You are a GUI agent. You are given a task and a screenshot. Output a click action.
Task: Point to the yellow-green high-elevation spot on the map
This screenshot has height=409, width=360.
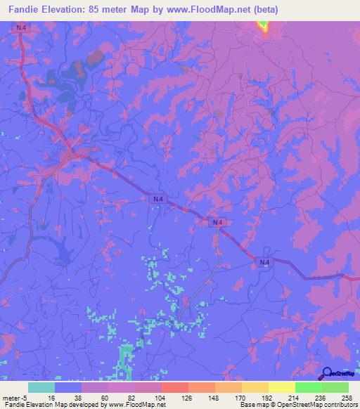pyautogui.click(x=264, y=27)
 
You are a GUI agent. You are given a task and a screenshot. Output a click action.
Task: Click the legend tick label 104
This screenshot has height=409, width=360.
pyautogui.click(x=162, y=398)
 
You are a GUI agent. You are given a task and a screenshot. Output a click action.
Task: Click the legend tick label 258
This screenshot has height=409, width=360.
pyautogui.click(x=347, y=398)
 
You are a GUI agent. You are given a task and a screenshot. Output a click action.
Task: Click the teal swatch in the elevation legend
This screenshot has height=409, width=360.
pyautogui.click(x=41, y=387)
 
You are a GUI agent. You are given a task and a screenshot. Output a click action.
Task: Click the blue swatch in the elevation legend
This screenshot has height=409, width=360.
pyautogui.click(x=68, y=387)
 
